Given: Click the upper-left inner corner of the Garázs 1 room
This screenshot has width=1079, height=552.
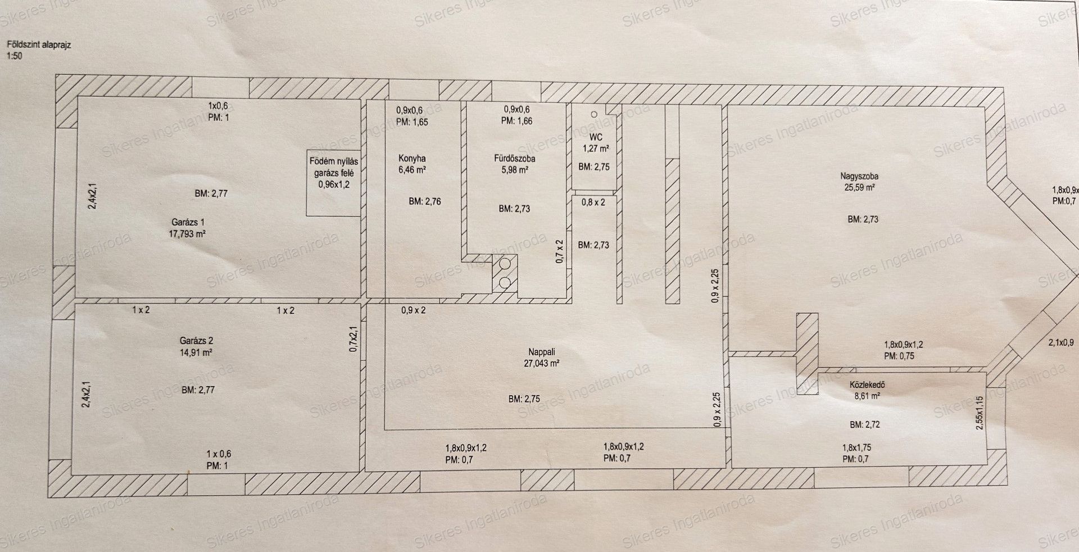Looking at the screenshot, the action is point(77,97).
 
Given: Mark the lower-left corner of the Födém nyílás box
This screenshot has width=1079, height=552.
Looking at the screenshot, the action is point(307,216).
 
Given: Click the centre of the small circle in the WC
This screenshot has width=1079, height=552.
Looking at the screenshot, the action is point(594,114).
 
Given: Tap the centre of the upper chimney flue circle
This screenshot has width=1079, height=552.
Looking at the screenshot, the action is point(505,263).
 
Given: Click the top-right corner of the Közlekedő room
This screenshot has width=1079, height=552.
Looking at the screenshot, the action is point(987,372).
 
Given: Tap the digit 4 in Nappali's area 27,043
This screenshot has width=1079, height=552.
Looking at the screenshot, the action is point(548,363).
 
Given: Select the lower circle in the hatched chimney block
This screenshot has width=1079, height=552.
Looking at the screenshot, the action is point(505,283).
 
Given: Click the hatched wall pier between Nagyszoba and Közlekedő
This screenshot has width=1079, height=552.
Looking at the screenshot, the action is point(806,354).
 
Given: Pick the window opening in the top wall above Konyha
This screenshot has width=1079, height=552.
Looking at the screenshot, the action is point(414,89).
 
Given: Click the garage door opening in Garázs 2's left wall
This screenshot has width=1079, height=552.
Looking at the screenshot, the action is point(62,383).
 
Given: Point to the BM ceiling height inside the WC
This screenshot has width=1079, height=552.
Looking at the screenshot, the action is point(594,166).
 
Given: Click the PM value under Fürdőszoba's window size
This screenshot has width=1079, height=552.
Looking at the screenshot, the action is point(518,120).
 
